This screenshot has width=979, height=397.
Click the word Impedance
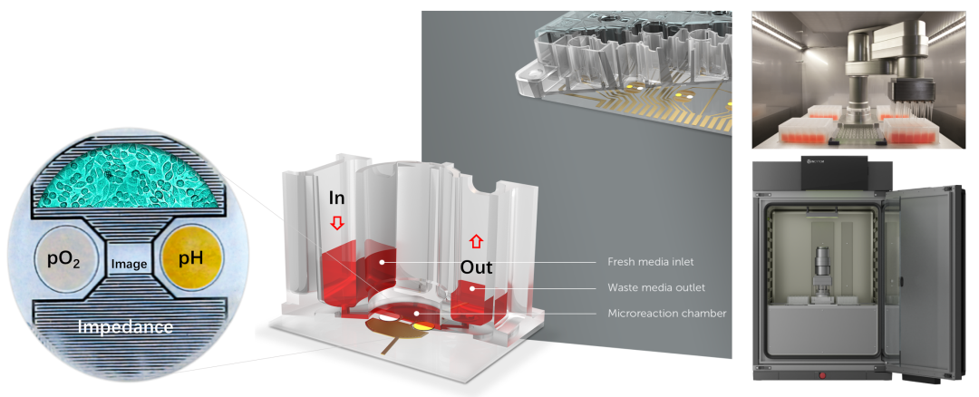(x=126, y=326)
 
